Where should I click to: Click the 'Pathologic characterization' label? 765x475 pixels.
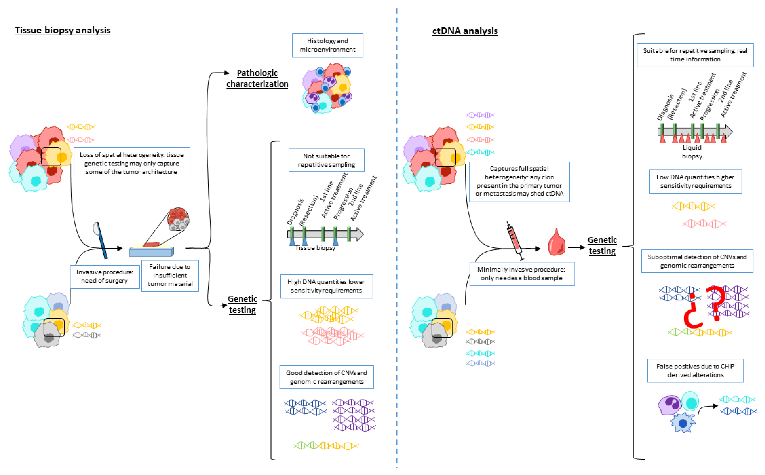(257, 78)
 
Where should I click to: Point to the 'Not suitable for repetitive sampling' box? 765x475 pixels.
(326, 160)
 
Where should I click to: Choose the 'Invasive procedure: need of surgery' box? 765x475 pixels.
(105, 276)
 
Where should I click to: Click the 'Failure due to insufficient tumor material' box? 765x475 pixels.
(170, 275)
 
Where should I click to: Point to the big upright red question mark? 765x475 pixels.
(716, 303)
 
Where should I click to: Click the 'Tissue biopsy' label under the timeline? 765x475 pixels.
(315, 248)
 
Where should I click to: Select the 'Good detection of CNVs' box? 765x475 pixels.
(326, 377)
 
